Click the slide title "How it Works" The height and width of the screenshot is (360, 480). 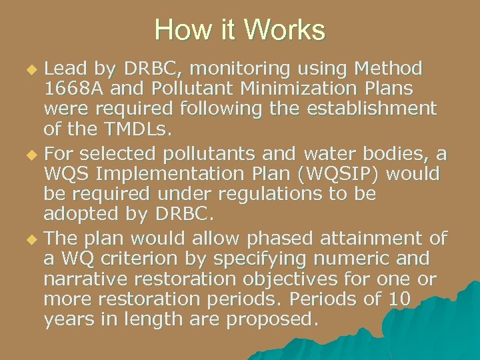[240, 30]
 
